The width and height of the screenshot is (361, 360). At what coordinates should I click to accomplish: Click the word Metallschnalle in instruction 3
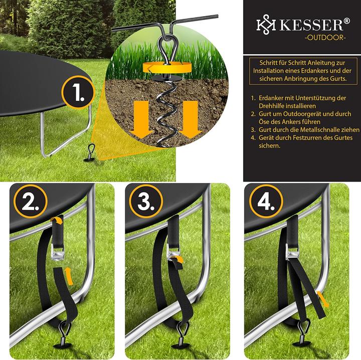(x=316, y=129)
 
